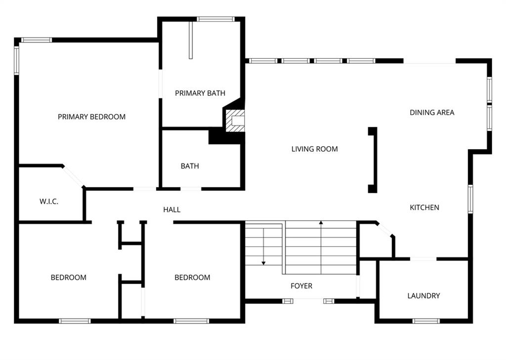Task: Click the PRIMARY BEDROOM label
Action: click(x=91, y=117)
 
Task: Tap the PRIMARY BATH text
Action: click(x=200, y=93)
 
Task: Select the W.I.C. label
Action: click(x=49, y=201)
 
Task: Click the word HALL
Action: click(x=171, y=210)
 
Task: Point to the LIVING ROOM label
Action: click(x=315, y=149)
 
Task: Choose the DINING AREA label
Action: click(x=432, y=113)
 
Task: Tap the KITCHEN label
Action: click(x=424, y=207)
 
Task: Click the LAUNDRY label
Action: click(x=423, y=296)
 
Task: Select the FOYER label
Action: click(x=301, y=286)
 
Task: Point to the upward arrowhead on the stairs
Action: click(x=321, y=223)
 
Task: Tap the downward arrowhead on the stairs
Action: click(x=264, y=263)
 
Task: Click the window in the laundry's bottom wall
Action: click(x=426, y=321)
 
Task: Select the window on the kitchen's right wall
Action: click(x=470, y=199)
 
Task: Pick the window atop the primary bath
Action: click(x=215, y=19)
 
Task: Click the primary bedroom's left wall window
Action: click(x=16, y=61)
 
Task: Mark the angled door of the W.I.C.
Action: click(x=73, y=176)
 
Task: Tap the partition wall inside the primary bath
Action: click(x=191, y=40)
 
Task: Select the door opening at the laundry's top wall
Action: click(x=423, y=259)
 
